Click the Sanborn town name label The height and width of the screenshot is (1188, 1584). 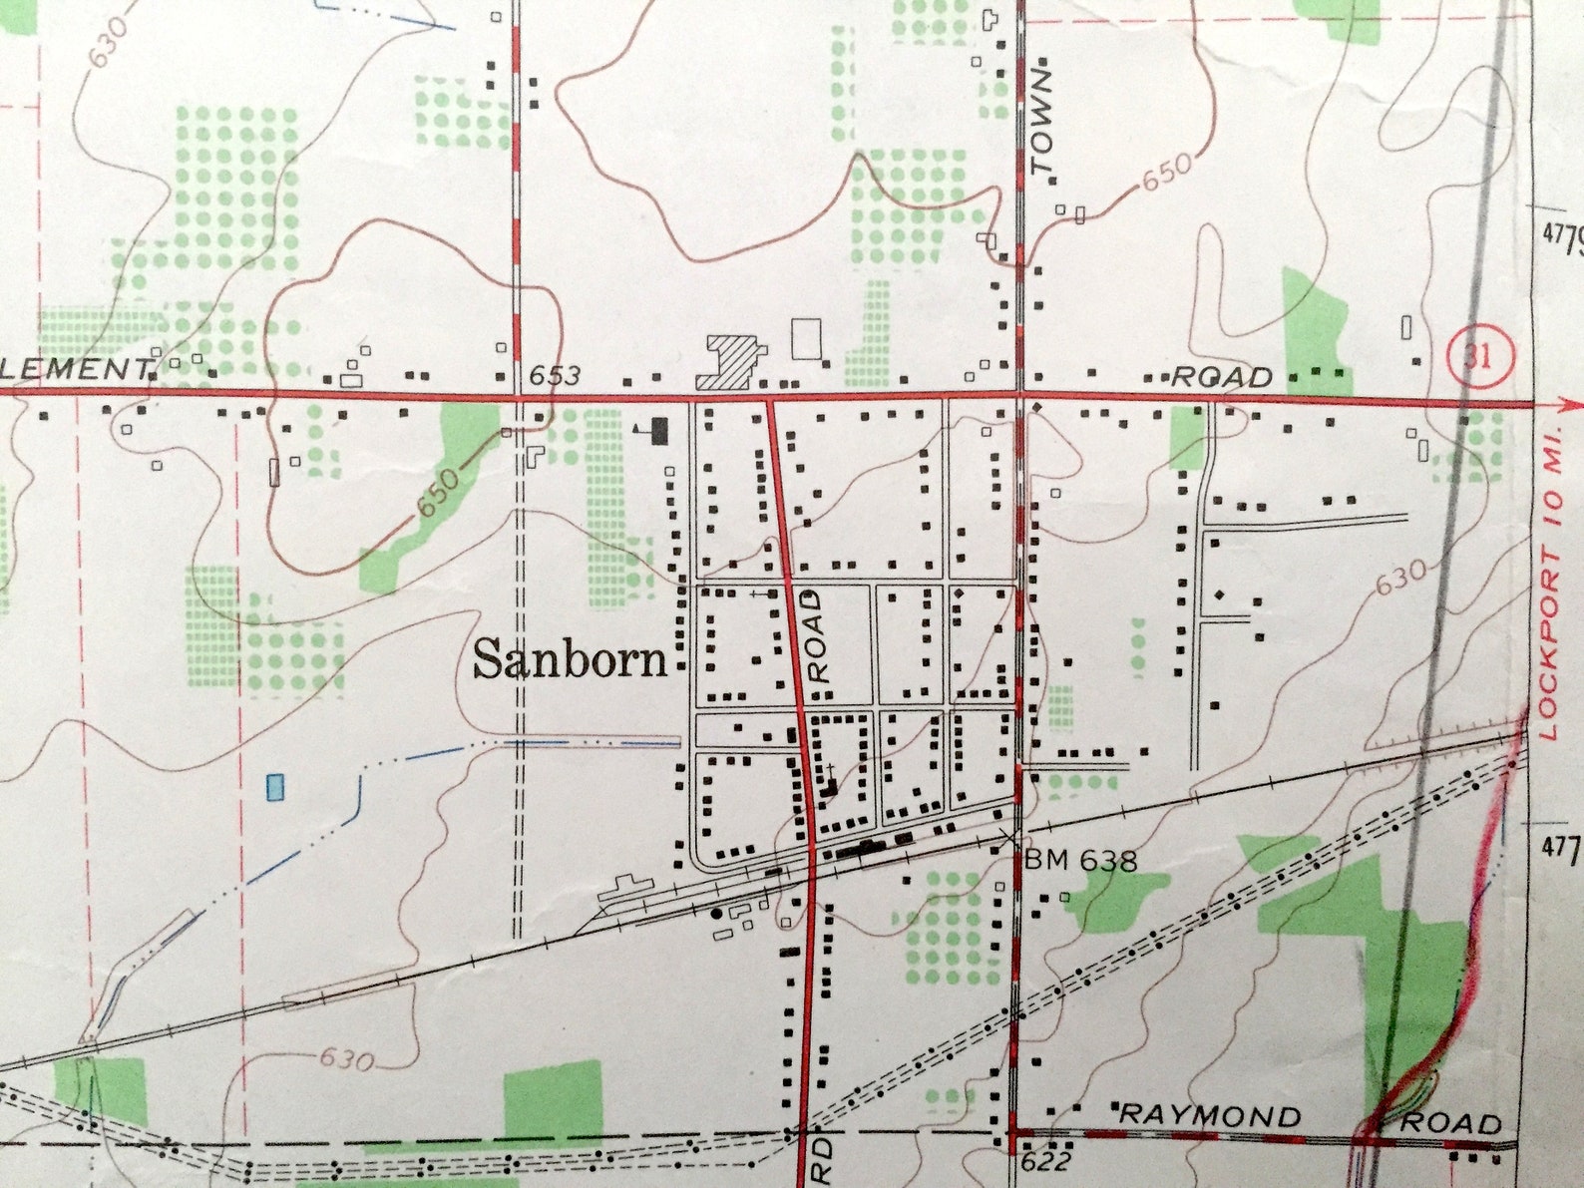point(570,660)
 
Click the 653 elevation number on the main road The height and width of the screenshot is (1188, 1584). point(555,376)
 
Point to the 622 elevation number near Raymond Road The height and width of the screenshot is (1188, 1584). point(1045,1162)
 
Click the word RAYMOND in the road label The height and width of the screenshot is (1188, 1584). point(1210,1115)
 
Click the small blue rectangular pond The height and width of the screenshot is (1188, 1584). point(276,786)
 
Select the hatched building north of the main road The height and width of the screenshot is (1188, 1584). point(733,361)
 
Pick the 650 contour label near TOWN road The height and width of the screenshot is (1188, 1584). point(1166,174)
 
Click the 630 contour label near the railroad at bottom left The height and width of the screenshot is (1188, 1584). point(347,1059)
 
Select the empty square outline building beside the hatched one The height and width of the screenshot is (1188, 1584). point(806,339)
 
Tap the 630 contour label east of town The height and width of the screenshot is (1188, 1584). point(1401,579)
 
